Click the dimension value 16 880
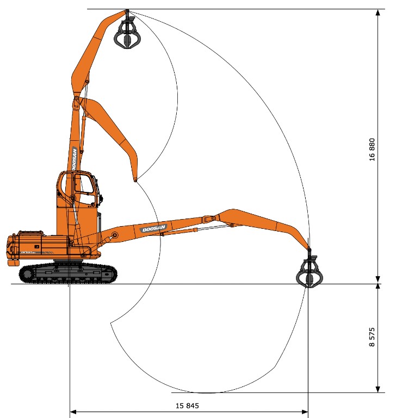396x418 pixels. (x=372, y=149)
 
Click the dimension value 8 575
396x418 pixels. (x=372, y=337)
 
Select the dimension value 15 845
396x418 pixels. (x=187, y=405)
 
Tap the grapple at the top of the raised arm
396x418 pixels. (x=127, y=33)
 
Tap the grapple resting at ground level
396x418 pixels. (x=310, y=272)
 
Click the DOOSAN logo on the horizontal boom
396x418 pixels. (x=154, y=229)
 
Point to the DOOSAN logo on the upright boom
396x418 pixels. (x=74, y=159)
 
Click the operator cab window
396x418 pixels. (x=84, y=183)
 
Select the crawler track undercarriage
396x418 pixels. (x=69, y=273)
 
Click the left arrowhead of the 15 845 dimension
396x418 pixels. (x=72, y=412)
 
